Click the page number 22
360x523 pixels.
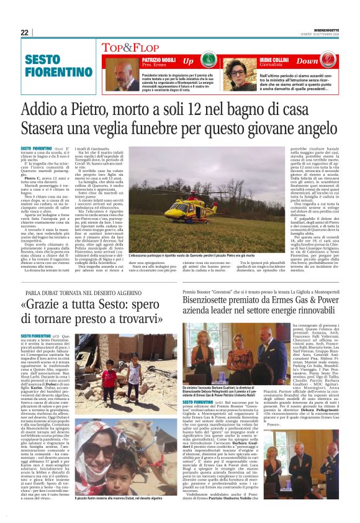click(25, 32)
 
